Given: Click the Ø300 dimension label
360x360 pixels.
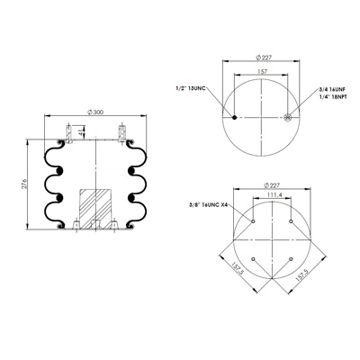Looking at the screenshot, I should click(x=94, y=111).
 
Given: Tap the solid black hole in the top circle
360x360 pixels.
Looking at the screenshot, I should click(x=235, y=118).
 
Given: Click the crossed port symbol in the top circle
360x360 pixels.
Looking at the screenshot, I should click(x=286, y=118).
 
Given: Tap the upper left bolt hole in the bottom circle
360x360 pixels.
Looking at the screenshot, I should click(x=254, y=221).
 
